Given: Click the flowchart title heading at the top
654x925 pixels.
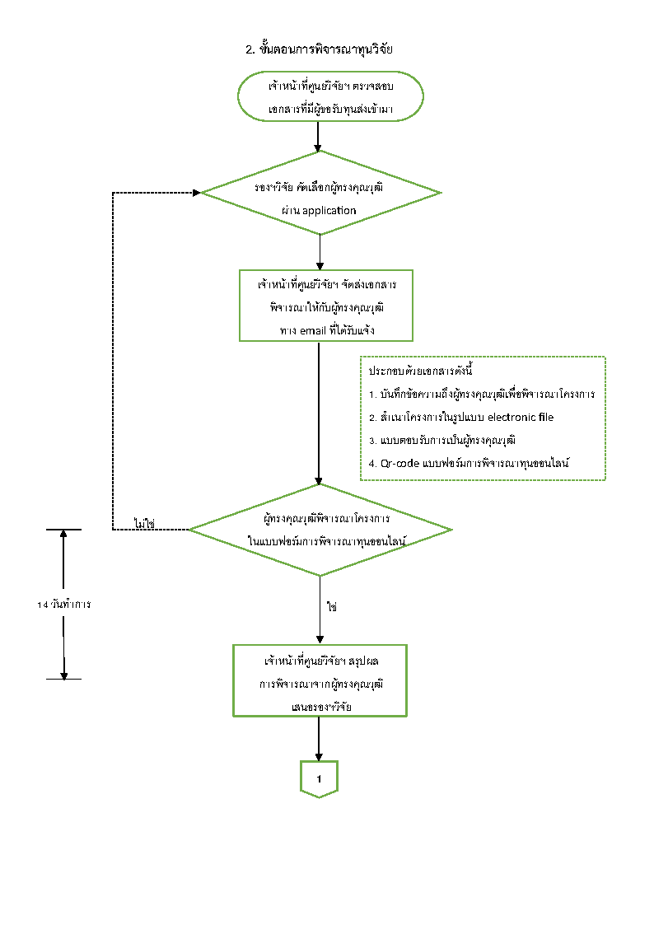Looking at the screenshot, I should pyautogui.click(x=320, y=49).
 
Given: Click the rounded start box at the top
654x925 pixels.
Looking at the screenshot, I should pyautogui.click(x=329, y=96).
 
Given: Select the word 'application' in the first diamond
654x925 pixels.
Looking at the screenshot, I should pyautogui.click(x=329, y=210).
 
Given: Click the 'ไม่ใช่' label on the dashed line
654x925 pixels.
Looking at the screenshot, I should pyautogui.click(x=145, y=523).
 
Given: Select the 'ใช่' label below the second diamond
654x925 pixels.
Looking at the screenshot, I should pyautogui.click(x=332, y=606).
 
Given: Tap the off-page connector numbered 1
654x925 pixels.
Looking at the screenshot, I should pyautogui.click(x=319, y=778).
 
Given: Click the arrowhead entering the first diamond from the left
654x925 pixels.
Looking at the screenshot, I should pyautogui.click(x=196, y=193).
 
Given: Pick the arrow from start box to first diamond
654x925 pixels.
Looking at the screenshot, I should pyautogui.click(x=319, y=137).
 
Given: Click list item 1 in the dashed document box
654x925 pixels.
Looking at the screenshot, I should pyautogui.click(x=482, y=394).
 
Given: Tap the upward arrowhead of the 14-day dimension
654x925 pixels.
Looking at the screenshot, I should pyautogui.click(x=63, y=534).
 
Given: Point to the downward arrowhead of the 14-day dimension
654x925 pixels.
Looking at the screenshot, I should pyautogui.click(x=63, y=674).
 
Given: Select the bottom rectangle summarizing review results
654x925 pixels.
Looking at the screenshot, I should pyautogui.click(x=320, y=680).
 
